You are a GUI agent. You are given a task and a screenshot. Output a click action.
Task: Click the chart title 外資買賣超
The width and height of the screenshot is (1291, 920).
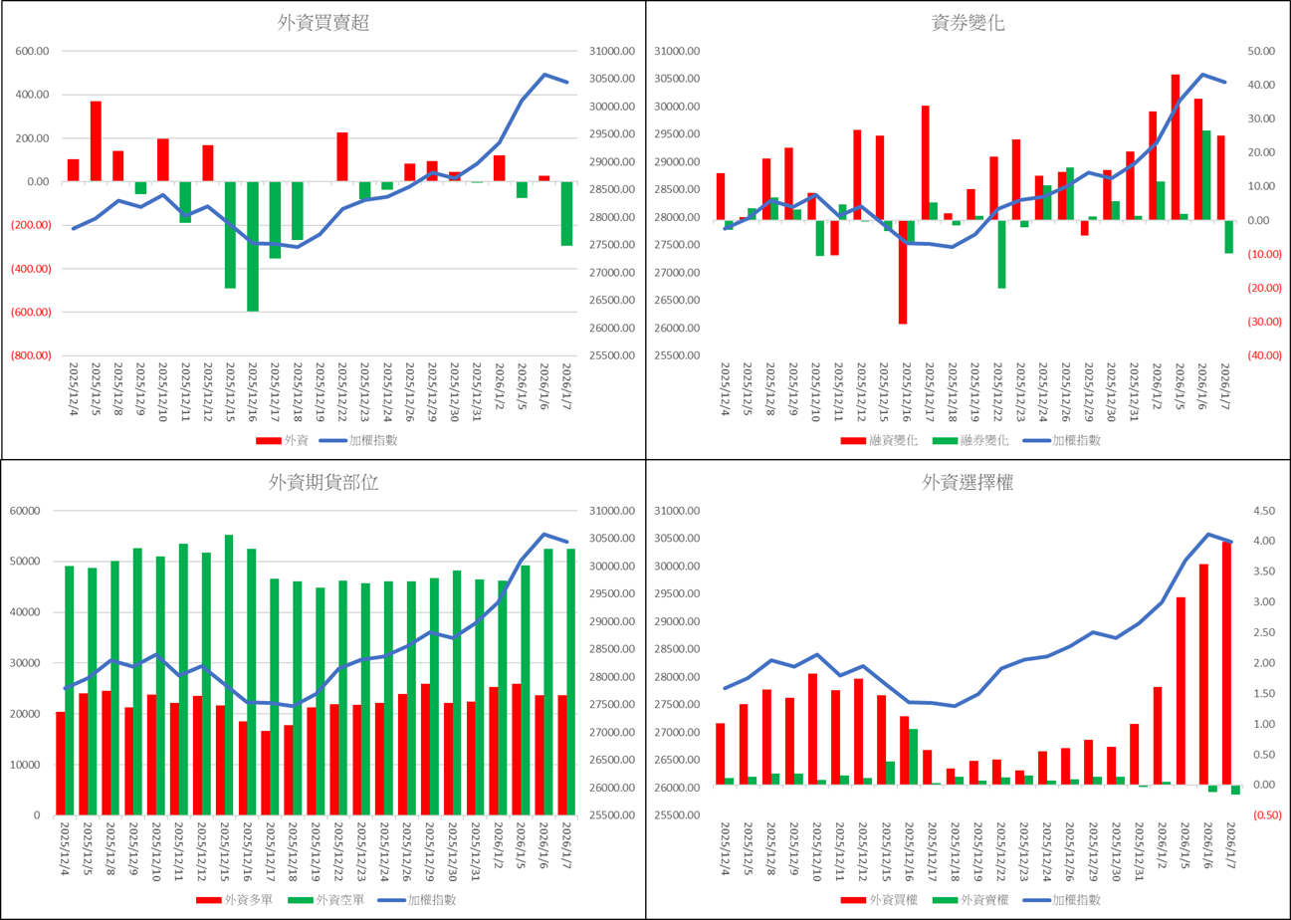tap(323, 24)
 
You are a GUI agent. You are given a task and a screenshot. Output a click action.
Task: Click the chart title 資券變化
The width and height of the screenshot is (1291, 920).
tap(968, 24)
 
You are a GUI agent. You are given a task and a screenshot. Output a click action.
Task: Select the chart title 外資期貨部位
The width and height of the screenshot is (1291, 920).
tap(323, 484)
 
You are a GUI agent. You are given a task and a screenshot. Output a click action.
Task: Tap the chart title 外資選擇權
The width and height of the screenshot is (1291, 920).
tap(968, 484)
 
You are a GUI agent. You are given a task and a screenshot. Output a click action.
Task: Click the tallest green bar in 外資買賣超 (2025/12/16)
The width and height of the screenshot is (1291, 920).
tap(253, 246)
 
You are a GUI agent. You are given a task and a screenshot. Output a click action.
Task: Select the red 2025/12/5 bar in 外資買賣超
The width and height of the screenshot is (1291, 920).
tap(96, 140)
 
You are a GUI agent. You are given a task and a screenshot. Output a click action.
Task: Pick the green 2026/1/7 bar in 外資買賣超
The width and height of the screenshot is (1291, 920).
tap(566, 213)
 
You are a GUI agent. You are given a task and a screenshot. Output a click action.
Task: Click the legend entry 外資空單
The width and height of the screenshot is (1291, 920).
tap(336, 900)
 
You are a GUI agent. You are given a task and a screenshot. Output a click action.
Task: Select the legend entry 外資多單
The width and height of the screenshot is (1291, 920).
tap(242, 900)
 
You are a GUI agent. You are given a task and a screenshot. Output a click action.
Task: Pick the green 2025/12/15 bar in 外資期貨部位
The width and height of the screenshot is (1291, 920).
tap(229, 674)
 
